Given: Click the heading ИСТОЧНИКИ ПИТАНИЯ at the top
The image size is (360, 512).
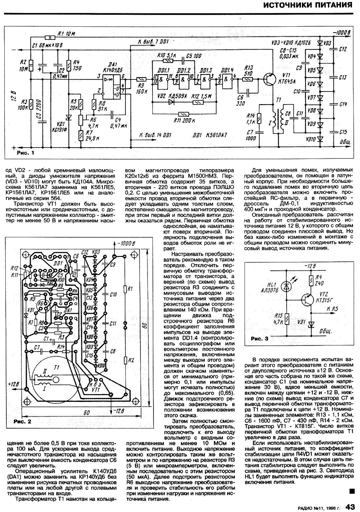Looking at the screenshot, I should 307,5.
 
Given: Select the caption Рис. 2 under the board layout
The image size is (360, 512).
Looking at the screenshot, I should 22,422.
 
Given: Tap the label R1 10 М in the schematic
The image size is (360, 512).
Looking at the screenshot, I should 66,33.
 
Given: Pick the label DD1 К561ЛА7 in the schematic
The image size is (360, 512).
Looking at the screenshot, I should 210,135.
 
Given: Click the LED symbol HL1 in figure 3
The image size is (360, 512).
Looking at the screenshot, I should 286,286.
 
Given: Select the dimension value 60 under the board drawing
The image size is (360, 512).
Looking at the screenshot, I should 86,413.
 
